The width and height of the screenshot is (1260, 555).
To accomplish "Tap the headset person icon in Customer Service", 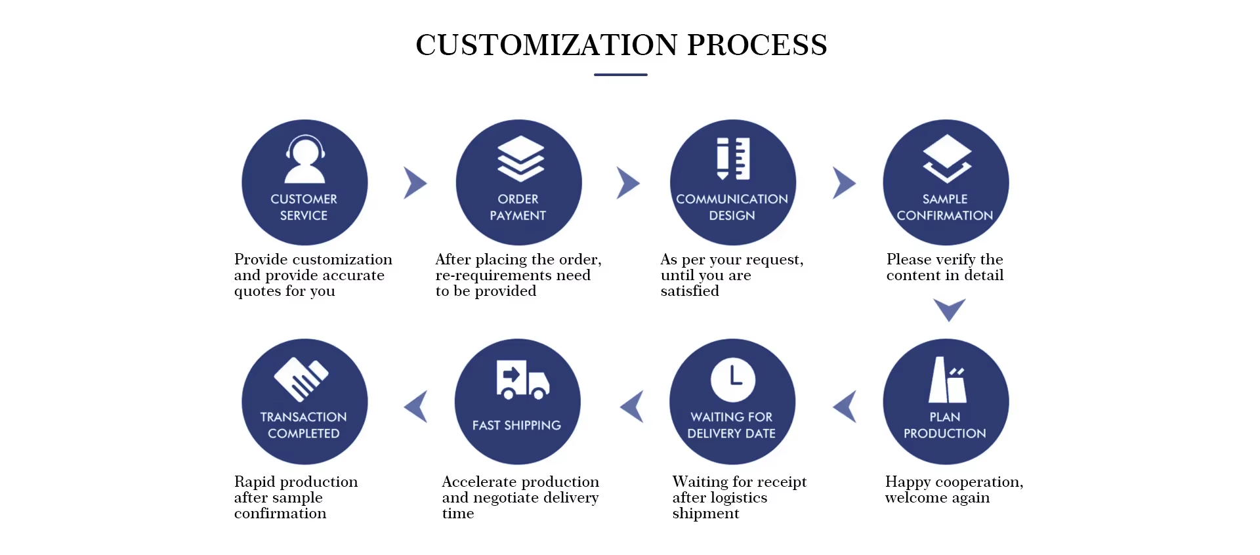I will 305,159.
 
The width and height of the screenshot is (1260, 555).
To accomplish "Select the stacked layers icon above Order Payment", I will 520,159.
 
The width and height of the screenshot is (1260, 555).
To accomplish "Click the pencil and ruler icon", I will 733,159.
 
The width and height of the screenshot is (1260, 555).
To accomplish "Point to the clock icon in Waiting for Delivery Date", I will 733,379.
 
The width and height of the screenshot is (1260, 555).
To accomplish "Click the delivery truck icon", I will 522,380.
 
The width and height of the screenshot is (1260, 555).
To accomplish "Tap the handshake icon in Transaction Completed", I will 301,379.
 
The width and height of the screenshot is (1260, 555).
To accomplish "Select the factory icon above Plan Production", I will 947,380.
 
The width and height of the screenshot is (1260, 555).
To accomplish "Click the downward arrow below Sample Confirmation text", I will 949,309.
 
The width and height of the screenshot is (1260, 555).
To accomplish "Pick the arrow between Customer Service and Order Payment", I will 415,183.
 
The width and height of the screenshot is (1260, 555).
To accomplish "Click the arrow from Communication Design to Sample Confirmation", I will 844,183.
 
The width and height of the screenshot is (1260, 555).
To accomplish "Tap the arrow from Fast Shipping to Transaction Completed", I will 416,407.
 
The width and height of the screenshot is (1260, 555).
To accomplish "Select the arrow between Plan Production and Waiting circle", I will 845,407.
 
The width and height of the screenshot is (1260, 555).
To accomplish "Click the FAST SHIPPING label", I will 516,426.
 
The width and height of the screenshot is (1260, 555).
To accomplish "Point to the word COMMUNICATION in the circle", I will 732,199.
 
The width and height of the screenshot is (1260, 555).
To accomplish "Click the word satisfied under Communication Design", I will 690,291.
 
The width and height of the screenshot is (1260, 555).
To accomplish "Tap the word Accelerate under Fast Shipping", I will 478,482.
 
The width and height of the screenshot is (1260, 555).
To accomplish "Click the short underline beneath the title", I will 620,75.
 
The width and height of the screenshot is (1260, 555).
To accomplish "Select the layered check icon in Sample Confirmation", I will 946,159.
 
